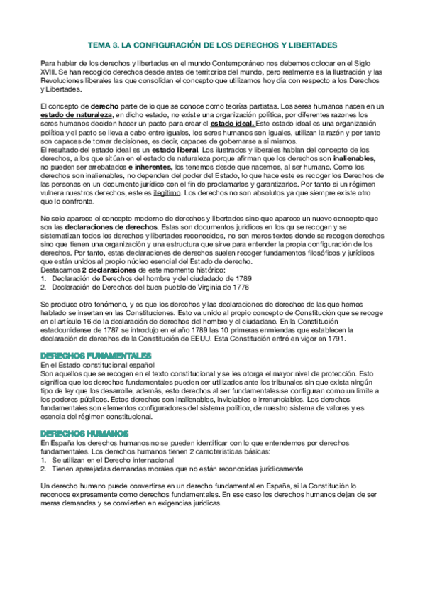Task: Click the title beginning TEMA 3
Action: point(212,44)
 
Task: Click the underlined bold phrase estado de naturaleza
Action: point(76,114)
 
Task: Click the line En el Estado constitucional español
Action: point(95,364)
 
